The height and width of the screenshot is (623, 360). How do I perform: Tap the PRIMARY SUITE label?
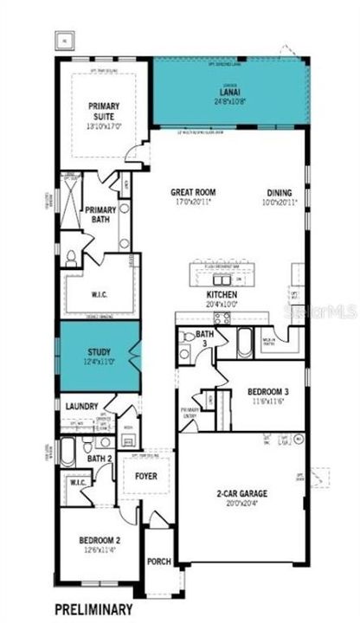point(101,110)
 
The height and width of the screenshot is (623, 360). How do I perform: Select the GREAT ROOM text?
point(193,192)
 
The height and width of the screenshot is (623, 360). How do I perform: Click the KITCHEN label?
point(222,294)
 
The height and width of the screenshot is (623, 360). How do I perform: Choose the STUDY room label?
point(99,352)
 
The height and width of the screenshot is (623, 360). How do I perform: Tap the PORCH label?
point(158,560)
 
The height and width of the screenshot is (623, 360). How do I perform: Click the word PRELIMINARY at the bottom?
point(94,608)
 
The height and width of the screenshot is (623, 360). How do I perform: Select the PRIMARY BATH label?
point(100,215)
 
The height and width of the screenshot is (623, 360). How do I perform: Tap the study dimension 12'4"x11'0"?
point(99,363)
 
